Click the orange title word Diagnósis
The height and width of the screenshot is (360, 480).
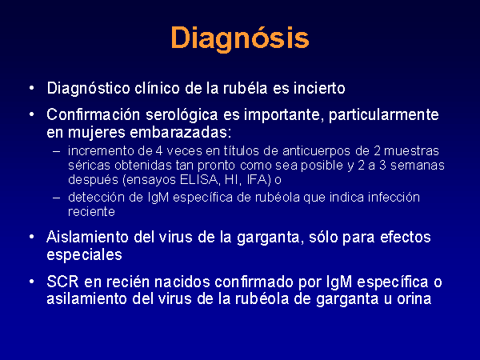point(240,38)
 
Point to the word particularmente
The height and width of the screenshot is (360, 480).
point(383,115)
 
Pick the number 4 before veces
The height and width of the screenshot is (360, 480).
point(158,151)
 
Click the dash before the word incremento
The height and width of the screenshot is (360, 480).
point(56,151)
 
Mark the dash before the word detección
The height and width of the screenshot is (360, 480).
point(56,198)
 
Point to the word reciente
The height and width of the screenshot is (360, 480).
point(91,212)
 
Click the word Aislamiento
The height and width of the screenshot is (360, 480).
point(87,237)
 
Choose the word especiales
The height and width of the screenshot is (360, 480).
point(84,254)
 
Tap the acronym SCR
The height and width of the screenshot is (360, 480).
point(62,282)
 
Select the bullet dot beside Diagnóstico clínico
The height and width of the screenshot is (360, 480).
point(32,89)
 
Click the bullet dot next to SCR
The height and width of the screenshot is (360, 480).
point(32,282)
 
